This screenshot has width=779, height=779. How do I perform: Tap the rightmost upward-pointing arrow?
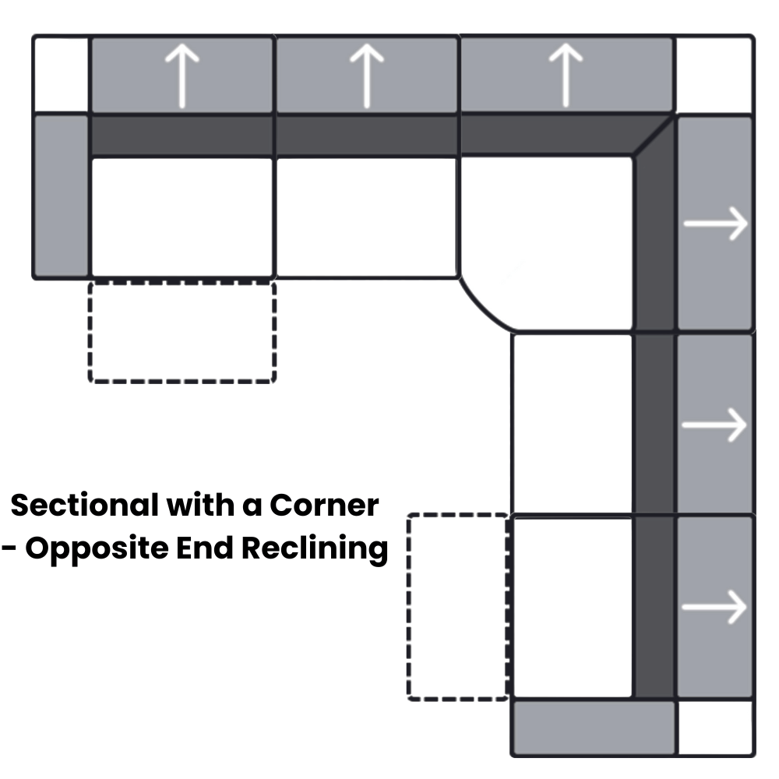coord(566,75)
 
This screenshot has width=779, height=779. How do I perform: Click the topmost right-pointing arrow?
coord(715,224)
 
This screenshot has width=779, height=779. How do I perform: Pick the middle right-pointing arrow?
coord(715,425)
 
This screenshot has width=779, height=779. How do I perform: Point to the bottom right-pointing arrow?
coord(715,607)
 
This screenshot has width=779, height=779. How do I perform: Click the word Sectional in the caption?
coord(86,506)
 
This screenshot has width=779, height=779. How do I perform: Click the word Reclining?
coord(313,549)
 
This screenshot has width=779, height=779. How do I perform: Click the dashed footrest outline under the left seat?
coord(182,332)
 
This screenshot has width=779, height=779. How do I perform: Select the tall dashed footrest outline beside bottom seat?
coord(458,607)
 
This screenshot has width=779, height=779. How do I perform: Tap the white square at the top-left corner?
coord(62,75)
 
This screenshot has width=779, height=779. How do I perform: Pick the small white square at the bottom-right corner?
coord(715,728)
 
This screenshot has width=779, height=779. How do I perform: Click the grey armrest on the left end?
coord(62,195)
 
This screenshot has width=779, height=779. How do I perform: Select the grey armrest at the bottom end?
coord(594,728)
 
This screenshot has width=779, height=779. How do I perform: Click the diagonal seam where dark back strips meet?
coord(654,136)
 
